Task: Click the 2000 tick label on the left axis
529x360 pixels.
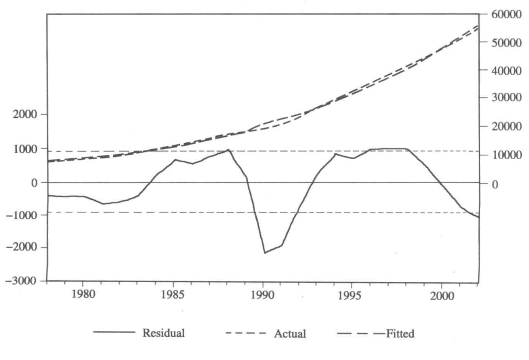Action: (25, 114)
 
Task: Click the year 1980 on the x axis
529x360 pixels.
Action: (83, 295)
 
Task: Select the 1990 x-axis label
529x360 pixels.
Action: (263, 295)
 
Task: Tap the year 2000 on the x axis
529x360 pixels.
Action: (442, 296)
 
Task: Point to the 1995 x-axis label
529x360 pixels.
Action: (351, 296)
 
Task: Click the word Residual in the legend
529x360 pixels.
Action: (164, 333)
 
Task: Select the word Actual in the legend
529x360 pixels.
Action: (290, 334)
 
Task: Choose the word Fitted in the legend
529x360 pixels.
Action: (400, 334)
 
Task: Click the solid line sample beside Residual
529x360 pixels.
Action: (114, 332)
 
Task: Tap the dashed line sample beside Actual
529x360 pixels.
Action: (245, 333)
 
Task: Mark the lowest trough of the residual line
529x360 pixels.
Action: (265, 253)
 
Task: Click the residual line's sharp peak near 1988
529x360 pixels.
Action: (228, 150)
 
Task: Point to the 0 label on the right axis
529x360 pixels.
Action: (495, 185)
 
